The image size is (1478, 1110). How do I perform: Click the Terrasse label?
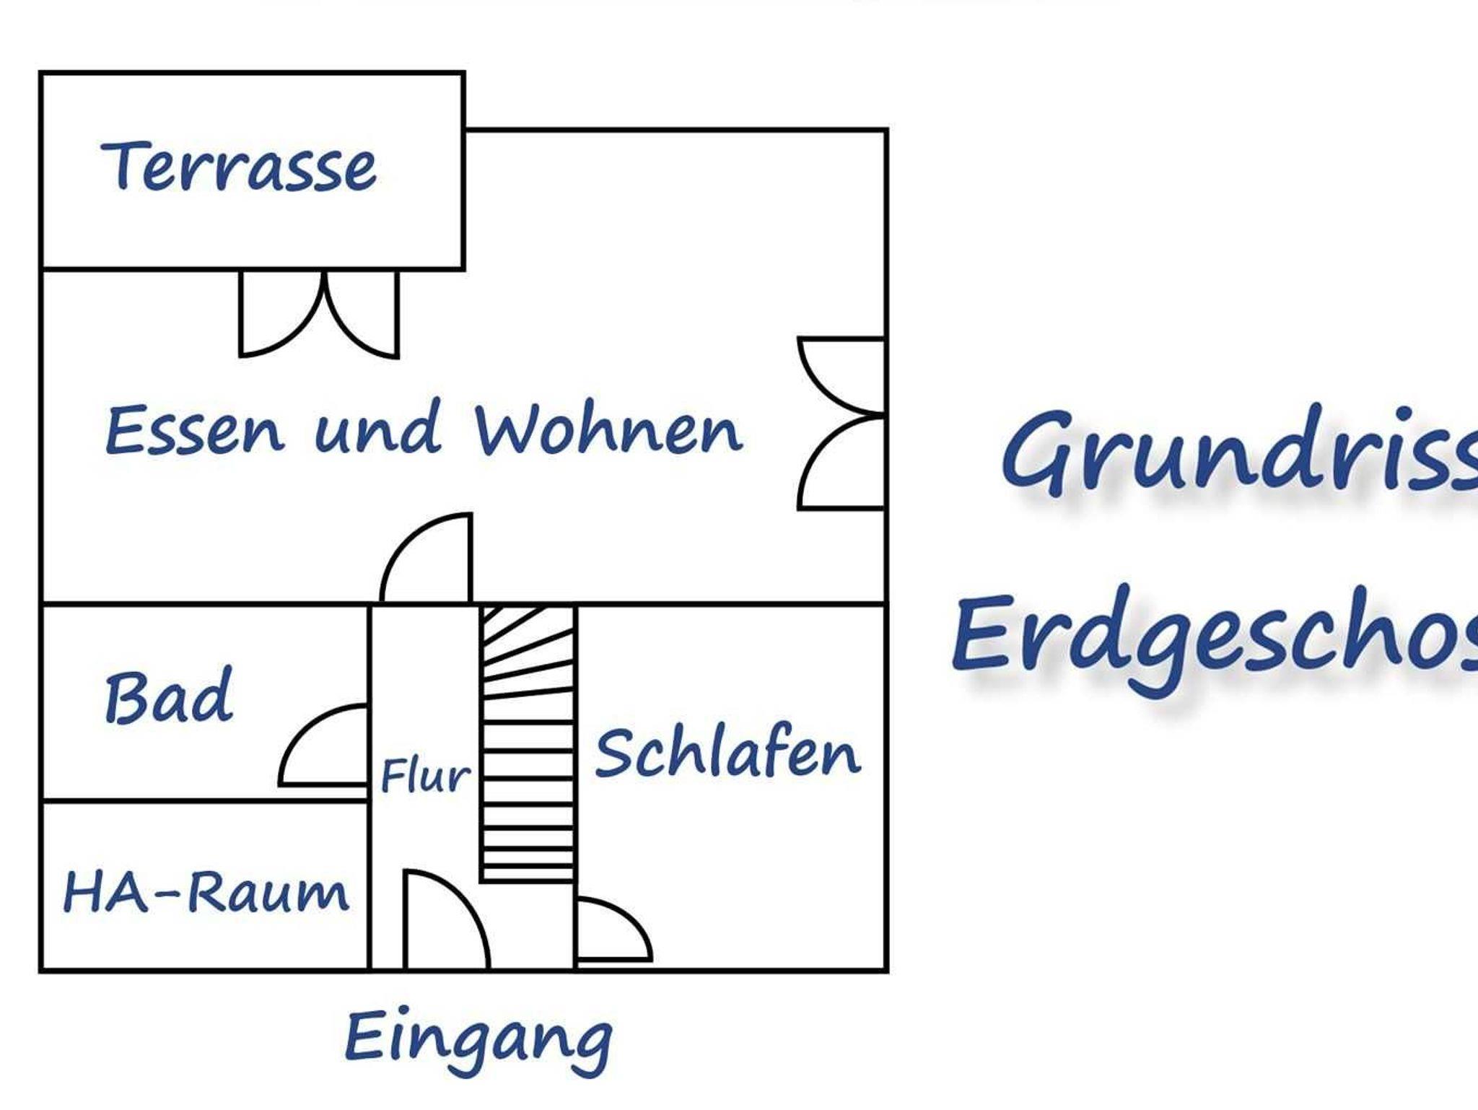(x=239, y=167)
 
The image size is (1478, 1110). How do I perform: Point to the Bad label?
(x=170, y=697)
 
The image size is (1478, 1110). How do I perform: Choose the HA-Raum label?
(x=206, y=892)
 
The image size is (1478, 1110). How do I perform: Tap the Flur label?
(x=425, y=776)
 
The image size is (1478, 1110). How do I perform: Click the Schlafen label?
(x=727, y=754)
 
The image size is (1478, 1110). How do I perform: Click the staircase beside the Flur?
(x=528, y=743)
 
